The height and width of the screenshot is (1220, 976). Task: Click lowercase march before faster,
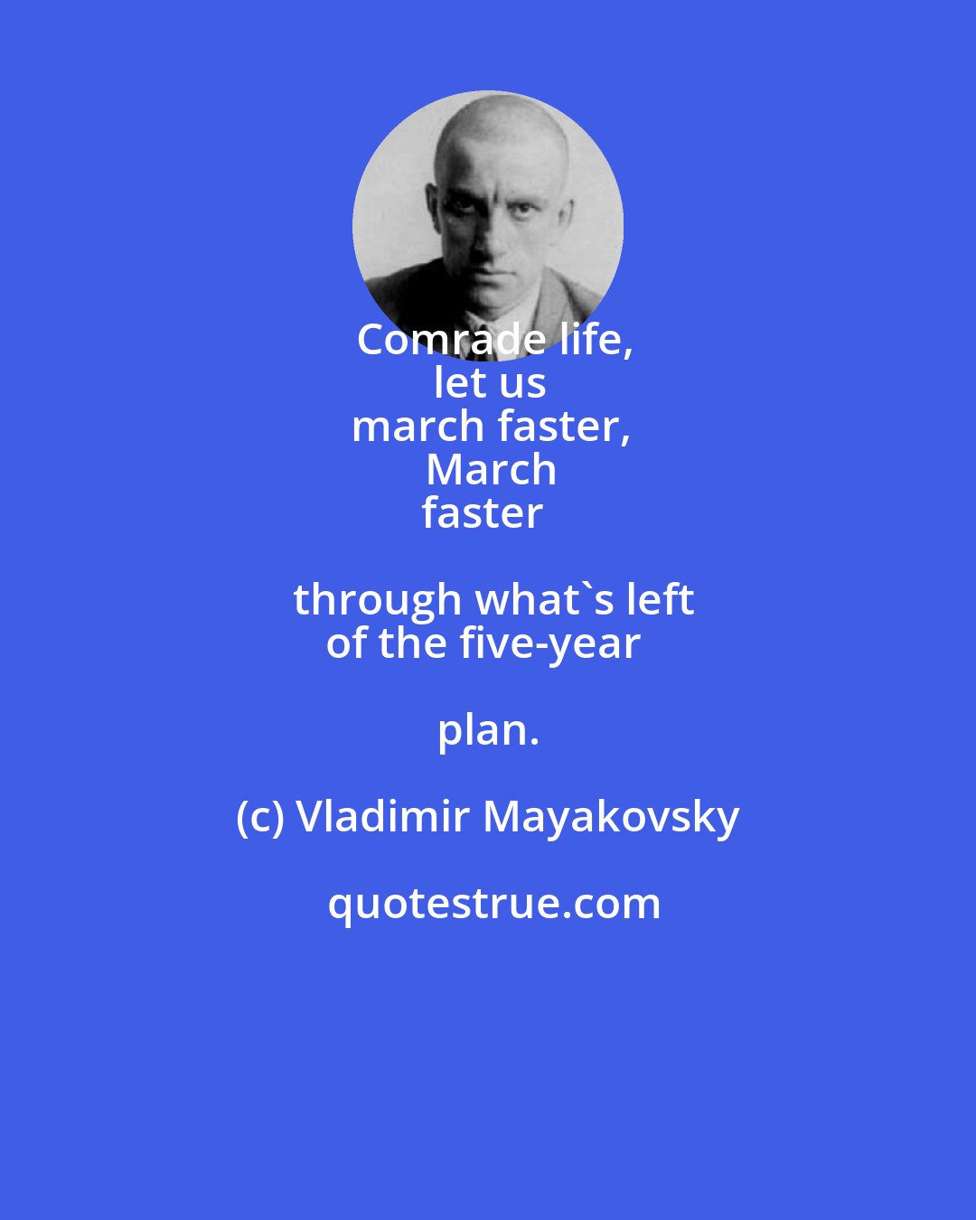pyautogui.click(x=404, y=427)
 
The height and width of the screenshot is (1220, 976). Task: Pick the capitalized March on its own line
pyautogui.click(x=491, y=470)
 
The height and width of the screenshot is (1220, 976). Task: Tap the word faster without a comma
pyautogui.click(x=483, y=513)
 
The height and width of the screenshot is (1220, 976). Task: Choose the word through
pyautogui.click(x=377, y=600)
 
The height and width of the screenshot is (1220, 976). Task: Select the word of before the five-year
pyautogui.click(x=347, y=643)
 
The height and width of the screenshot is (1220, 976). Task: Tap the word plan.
pyautogui.click(x=488, y=730)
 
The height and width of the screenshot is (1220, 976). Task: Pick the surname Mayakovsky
pyautogui.click(x=611, y=819)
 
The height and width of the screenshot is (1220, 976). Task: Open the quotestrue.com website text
pyautogui.click(x=493, y=904)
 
